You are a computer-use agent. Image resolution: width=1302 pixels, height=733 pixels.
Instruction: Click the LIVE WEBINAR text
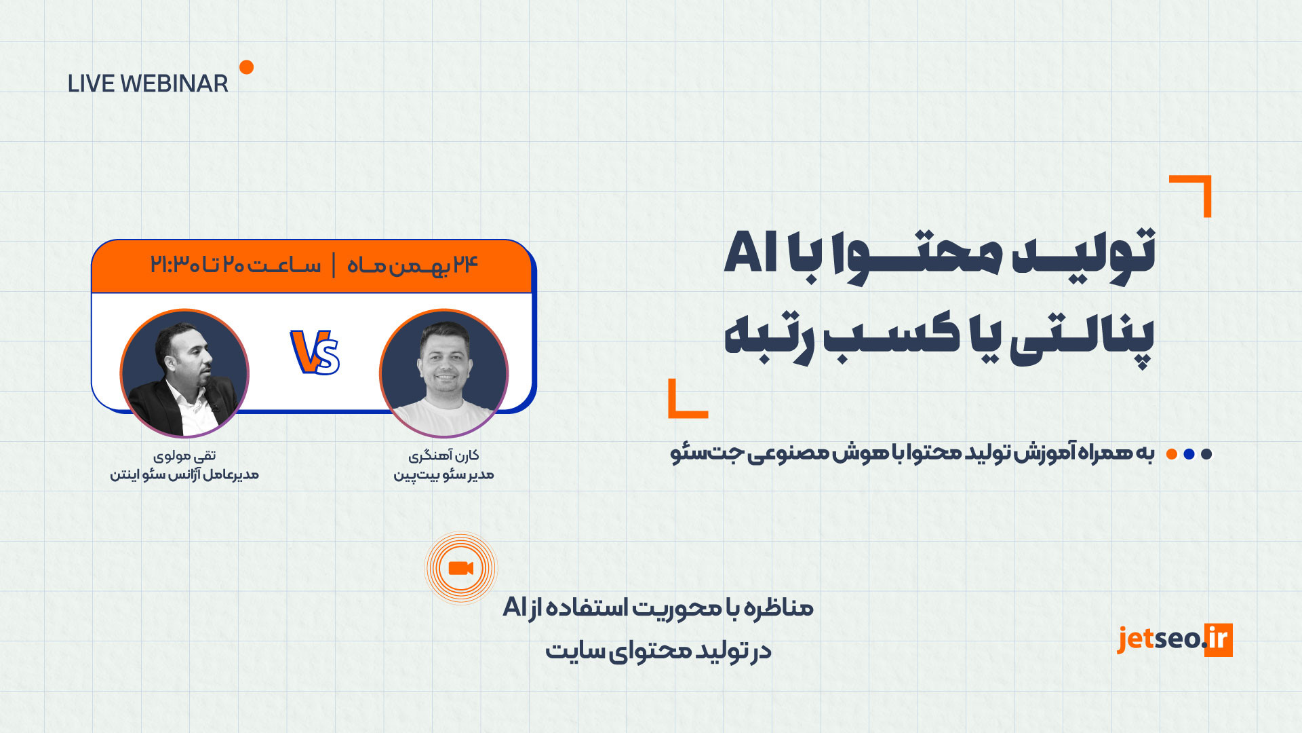pyautogui.click(x=148, y=83)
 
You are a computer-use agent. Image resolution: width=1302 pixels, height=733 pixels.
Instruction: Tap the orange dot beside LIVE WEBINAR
pyautogui.click(x=247, y=67)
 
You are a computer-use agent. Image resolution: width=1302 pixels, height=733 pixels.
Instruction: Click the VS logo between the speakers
pyautogui.click(x=315, y=352)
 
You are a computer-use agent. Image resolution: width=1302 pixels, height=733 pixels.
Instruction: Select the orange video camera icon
pyautogui.click(x=460, y=568)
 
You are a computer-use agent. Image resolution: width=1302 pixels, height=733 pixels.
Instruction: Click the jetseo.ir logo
pyautogui.click(x=1175, y=639)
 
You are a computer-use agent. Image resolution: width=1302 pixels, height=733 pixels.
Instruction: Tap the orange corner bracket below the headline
pyautogui.click(x=688, y=398)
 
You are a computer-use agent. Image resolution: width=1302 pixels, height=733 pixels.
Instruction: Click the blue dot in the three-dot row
pyautogui.click(x=1189, y=454)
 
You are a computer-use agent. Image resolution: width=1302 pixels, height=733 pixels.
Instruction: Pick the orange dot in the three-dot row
pyautogui.click(x=1171, y=454)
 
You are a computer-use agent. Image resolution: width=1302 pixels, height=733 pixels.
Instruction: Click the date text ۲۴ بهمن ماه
pyautogui.click(x=413, y=265)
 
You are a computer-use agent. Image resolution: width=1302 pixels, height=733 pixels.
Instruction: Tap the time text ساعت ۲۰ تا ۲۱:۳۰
pyautogui.click(x=235, y=265)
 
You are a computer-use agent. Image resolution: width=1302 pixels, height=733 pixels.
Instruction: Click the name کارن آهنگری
pyautogui.click(x=444, y=455)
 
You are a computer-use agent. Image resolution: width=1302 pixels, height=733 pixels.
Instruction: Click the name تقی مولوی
pyautogui.click(x=184, y=455)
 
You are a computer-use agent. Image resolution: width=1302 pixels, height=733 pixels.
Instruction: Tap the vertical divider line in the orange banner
pyautogui.click(x=334, y=265)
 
